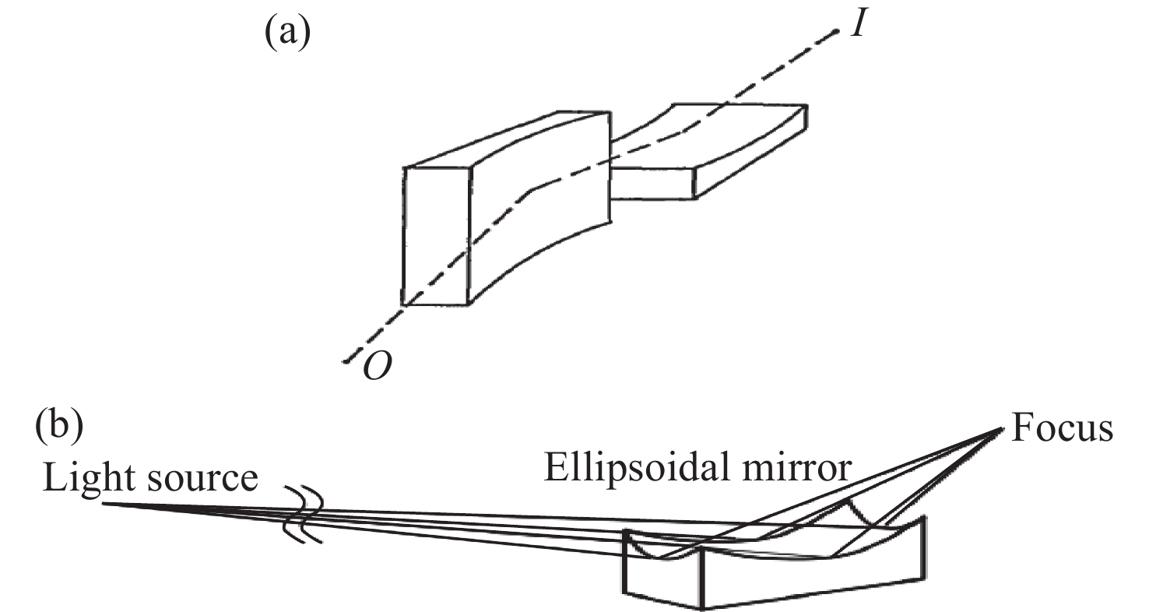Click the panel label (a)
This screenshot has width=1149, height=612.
(x=287, y=32)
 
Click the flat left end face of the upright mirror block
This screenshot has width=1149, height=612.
(x=436, y=237)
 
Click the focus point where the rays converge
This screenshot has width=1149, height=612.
(x=1001, y=429)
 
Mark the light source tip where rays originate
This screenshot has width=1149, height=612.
(x=104, y=504)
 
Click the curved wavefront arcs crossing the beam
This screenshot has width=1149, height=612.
(x=304, y=513)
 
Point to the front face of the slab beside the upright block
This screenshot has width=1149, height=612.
(x=652, y=183)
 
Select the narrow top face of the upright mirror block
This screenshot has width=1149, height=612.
(x=508, y=139)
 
